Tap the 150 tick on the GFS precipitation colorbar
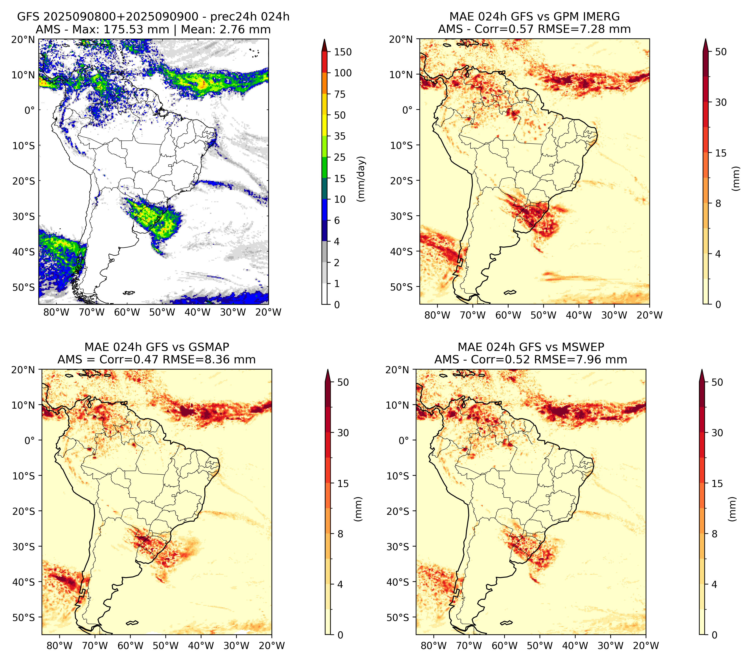343,52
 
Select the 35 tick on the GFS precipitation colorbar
340,136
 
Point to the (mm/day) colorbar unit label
362,179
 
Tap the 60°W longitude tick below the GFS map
127,313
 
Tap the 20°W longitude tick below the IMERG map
650,315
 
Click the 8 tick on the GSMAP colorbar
340,534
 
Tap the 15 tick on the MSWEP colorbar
717,484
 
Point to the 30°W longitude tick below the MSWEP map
611,646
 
